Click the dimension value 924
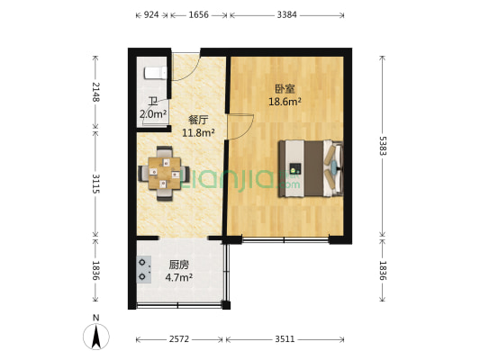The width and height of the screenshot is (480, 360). (151, 15)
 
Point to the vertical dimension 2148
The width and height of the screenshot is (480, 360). (94, 91)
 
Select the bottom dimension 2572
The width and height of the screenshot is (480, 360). (180, 340)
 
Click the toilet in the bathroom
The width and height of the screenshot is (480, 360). (153, 71)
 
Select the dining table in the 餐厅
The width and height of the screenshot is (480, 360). (164, 170)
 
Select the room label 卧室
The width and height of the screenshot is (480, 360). (285, 89)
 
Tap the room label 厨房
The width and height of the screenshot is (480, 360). (179, 265)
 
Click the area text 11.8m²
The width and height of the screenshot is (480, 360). (198, 133)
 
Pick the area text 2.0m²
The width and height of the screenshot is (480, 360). (153, 114)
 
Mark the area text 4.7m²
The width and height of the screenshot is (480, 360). (179, 278)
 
